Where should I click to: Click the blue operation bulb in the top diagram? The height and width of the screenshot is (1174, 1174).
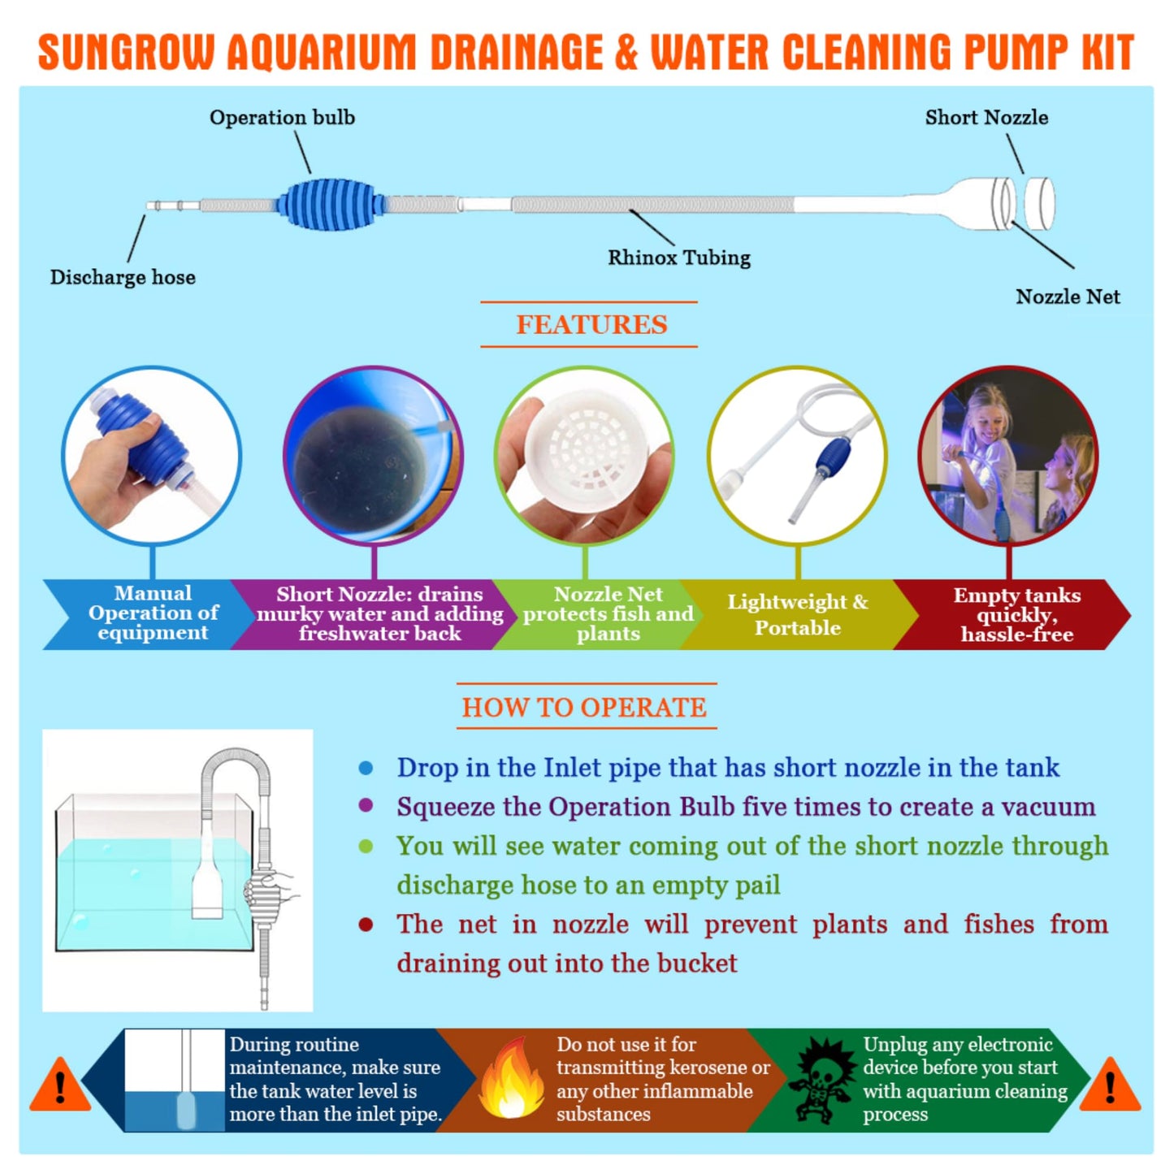331,205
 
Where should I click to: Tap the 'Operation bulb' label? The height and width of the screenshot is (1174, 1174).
282,118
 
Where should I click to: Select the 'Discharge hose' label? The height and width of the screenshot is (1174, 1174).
123,277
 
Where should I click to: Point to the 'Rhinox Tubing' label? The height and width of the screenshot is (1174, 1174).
679,258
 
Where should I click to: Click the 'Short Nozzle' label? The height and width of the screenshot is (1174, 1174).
986,118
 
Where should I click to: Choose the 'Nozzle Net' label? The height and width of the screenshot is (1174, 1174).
1068,297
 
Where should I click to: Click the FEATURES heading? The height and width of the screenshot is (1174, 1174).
591,325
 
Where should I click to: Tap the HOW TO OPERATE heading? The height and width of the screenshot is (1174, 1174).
584,707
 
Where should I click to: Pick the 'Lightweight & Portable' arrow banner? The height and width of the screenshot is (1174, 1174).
797,614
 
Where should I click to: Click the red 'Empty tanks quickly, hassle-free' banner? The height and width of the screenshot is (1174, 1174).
1016,614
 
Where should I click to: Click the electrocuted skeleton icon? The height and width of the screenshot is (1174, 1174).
823,1080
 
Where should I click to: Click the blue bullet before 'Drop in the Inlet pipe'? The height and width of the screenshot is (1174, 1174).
366,768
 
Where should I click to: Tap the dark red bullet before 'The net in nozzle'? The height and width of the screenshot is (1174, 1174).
366,925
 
